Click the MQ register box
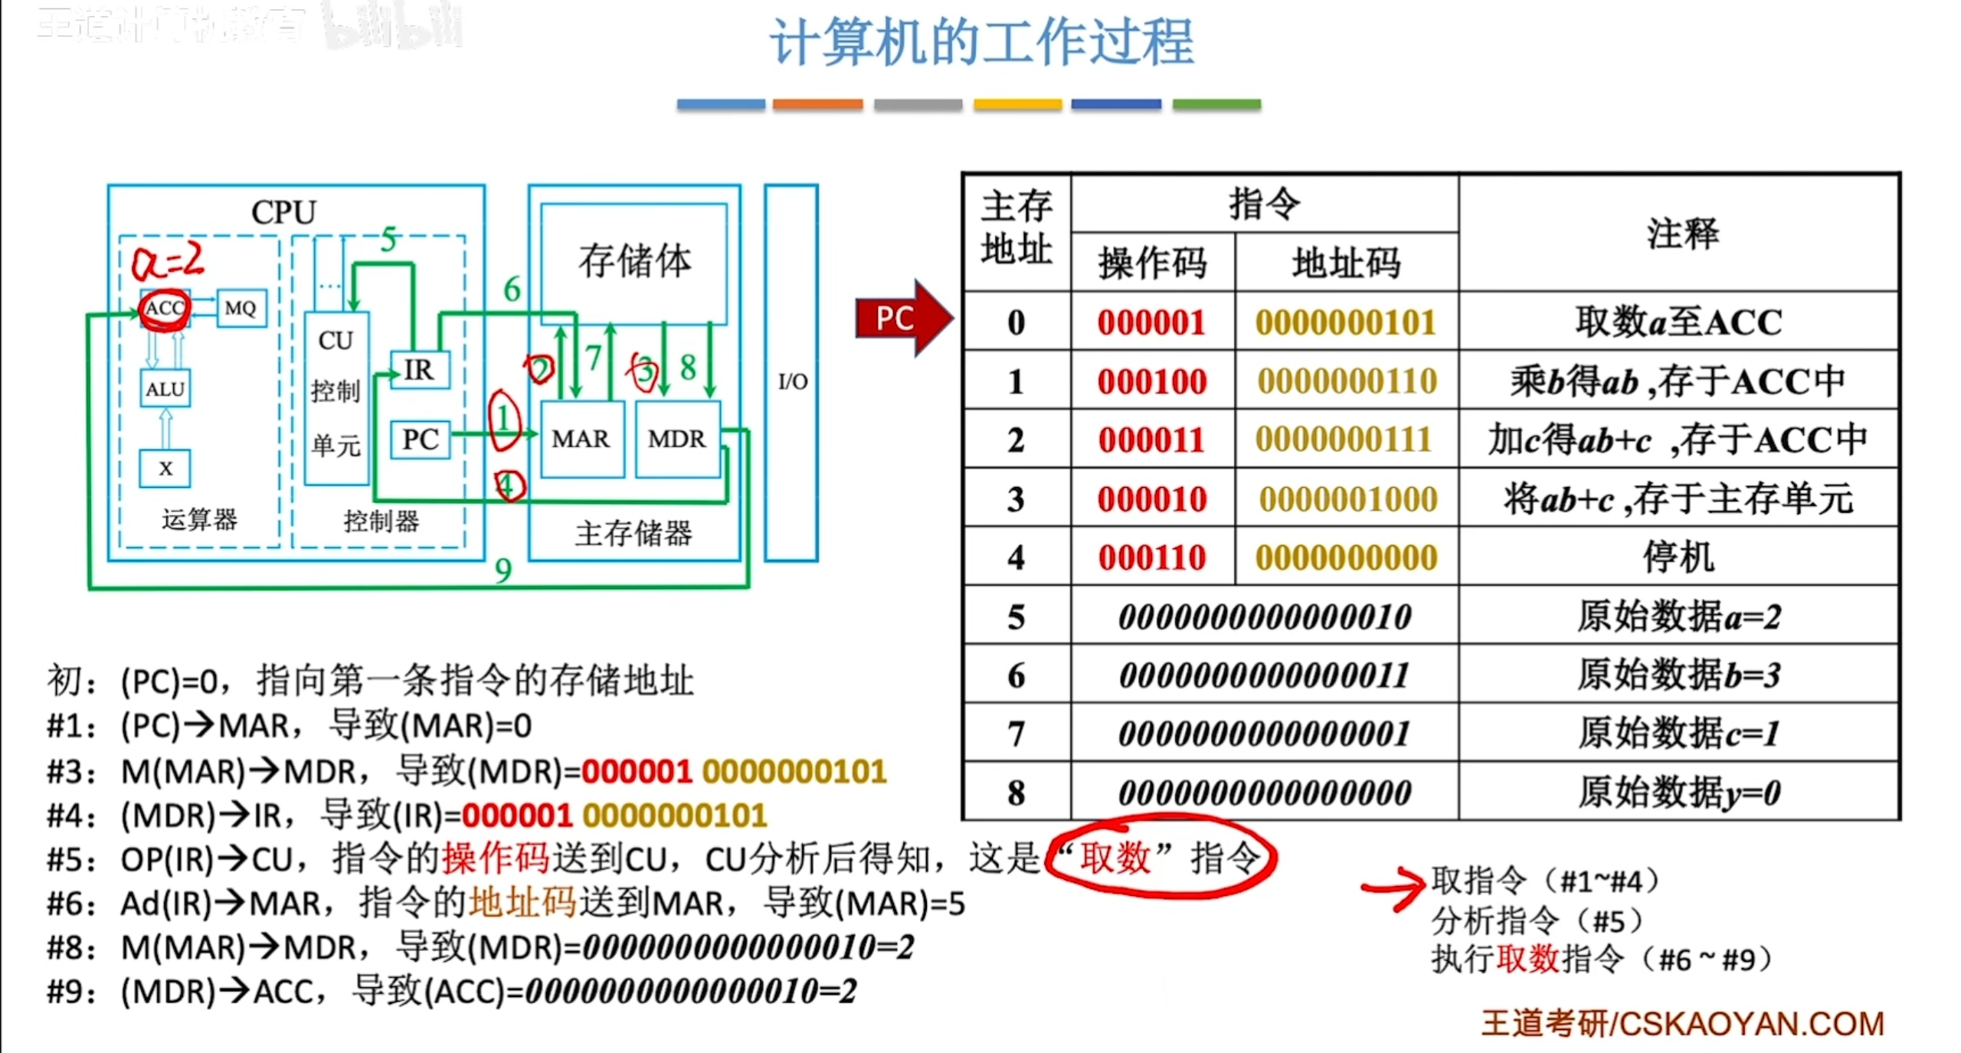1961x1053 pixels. click(x=241, y=308)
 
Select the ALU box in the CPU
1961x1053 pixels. click(x=165, y=389)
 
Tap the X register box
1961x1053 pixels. click(x=165, y=468)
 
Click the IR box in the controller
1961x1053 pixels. click(x=419, y=370)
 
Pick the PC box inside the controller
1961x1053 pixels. click(x=420, y=439)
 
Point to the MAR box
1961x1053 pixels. click(x=581, y=439)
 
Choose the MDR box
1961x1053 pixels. click(x=676, y=439)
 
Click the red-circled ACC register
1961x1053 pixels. click(x=165, y=308)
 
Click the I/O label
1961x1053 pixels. click(x=792, y=381)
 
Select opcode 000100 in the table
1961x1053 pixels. click(x=1151, y=381)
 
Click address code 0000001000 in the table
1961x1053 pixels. click(x=1347, y=499)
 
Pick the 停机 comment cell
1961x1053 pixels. click(x=1678, y=557)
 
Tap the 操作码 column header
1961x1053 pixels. click(x=1151, y=263)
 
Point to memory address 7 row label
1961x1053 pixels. click(x=1016, y=734)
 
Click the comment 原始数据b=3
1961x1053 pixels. click(x=1678, y=675)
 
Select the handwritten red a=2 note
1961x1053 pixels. click(x=168, y=260)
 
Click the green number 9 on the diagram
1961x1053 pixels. click(x=503, y=571)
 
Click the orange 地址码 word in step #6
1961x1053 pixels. click(x=522, y=903)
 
